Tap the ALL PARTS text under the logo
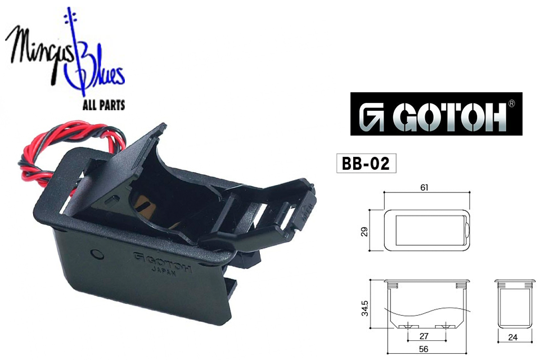(103, 105)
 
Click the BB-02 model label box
(366, 163)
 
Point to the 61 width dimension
(425, 187)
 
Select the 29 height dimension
(364, 231)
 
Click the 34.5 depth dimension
(364, 308)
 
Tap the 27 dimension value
(424, 336)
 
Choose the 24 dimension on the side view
(513, 337)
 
